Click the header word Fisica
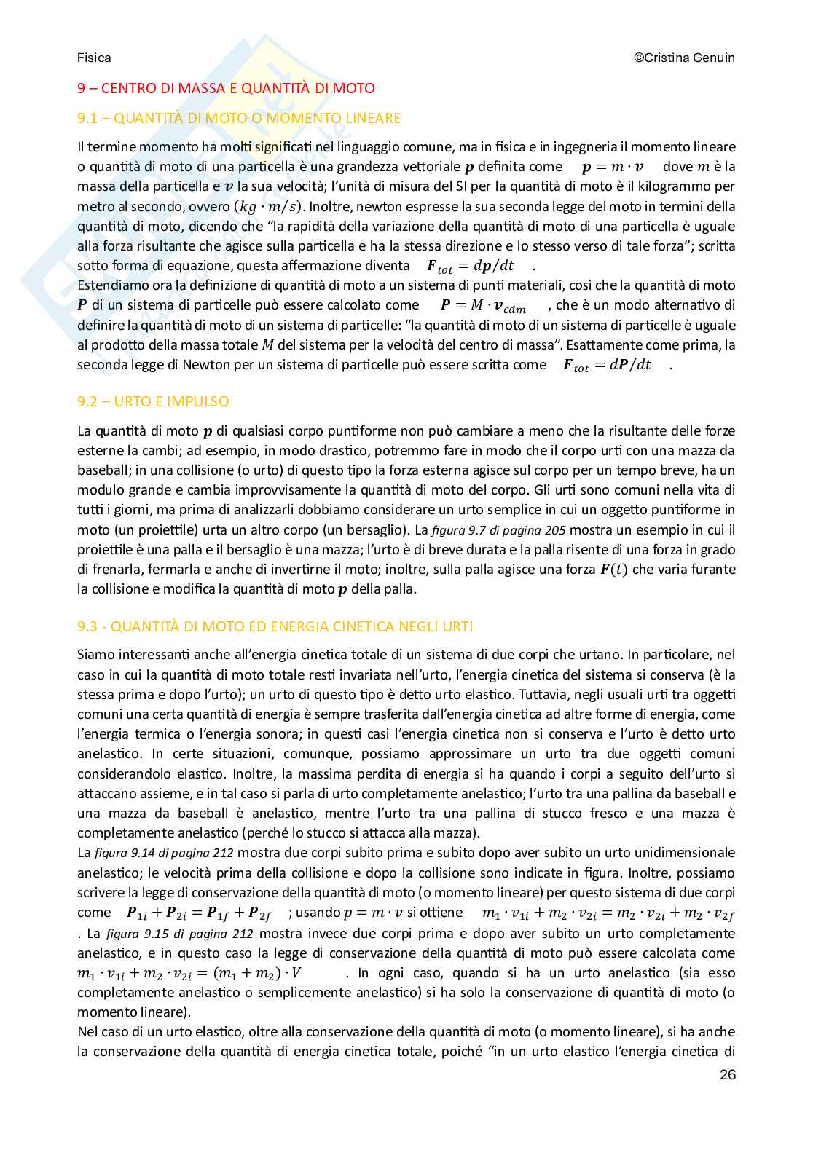[94, 58]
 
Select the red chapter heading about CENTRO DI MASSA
[226, 89]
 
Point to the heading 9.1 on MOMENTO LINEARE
[239, 118]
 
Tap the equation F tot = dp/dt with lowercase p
[470, 267]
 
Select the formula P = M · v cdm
[483, 306]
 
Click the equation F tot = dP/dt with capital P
[607, 366]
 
